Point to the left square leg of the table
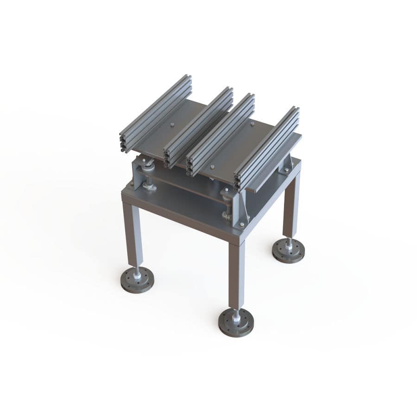click(x=133, y=234)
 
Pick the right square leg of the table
click(x=291, y=204)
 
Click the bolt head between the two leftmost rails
click(x=172, y=124)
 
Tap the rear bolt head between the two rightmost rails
click(x=253, y=124)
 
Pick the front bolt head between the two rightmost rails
click(x=212, y=167)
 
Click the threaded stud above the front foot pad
click(x=236, y=315)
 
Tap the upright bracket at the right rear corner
click(x=287, y=164)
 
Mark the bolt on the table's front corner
click(x=241, y=225)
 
